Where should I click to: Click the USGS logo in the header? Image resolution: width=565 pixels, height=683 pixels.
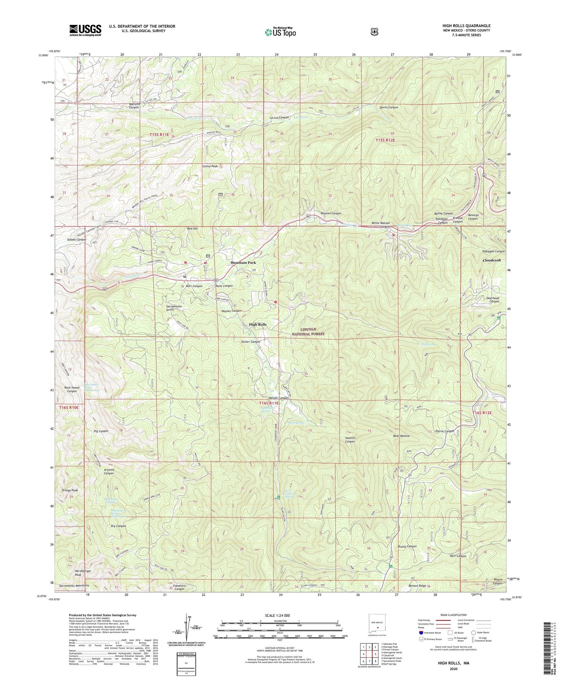coord(85,30)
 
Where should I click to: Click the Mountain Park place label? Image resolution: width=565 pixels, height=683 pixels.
coord(243,262)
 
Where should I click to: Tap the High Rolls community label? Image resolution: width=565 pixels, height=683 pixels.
coord(258,325)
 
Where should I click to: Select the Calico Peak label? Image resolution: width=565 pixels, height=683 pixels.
coord(210,166)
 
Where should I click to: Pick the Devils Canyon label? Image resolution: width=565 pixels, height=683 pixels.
coord(389,107)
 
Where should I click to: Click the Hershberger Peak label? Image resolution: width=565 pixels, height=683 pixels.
coord(83,573)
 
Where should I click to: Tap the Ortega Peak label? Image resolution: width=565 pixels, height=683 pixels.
coord(70,491)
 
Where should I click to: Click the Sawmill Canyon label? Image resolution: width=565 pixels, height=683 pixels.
coord(350,439)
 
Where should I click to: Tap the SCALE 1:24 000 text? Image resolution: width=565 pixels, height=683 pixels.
coord(276,615)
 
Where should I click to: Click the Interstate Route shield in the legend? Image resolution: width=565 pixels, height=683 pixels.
coord(420,632)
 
